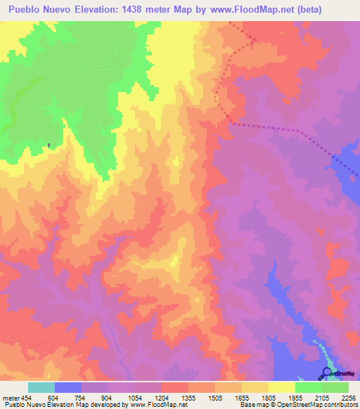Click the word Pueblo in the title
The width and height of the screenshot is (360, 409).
pos(27,9)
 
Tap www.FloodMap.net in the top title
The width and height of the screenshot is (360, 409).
pos(265,9)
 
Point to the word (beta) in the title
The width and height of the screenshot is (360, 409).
pos(330,9)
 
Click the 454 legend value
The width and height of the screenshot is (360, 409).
pos(27,396)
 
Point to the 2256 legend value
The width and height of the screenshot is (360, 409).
pos(348,396)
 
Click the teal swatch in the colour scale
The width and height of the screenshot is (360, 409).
pos(41,387)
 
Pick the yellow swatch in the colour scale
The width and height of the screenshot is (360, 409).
pos(282,387)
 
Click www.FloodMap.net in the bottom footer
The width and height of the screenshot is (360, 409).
pos(153,405)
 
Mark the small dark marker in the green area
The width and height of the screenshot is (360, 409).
pos(49,145)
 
